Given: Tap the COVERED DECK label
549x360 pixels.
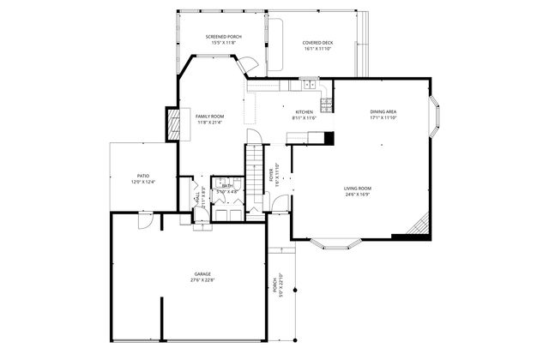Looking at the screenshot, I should point(317,43).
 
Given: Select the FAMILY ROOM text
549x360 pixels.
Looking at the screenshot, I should point(209,116).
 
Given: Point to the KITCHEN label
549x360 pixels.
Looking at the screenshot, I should point(305,112).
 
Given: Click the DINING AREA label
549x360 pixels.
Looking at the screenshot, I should point(383,112).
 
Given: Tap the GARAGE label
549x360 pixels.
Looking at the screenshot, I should point(202,274).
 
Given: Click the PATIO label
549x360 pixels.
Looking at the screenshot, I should point(142,176).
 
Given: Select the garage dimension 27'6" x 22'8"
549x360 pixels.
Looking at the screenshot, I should point(202,280).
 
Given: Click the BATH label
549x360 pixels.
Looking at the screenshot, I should point(226,186).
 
